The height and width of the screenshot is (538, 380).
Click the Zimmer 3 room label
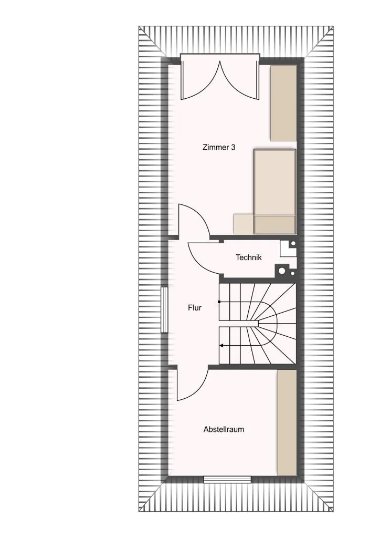point(219,148)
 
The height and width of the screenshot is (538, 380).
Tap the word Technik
point(249,257)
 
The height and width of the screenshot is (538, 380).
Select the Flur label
point(195,308)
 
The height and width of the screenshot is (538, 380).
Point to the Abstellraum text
point(224,429)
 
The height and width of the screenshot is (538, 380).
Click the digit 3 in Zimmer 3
point(234,148)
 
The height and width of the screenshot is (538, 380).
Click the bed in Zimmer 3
point(275,191)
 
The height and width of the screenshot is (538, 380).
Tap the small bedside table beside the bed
point(244,224)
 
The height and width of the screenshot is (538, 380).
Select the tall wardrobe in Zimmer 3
point(283,103)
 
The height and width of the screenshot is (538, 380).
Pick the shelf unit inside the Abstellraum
point(287,423)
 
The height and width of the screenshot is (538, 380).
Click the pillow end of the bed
point(275,225)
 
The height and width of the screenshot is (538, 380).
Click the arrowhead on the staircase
point(221,346)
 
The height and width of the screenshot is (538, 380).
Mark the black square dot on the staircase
point(219,302)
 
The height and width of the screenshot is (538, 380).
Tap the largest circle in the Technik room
point(282,271)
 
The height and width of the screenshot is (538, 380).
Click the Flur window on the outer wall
point(164,310)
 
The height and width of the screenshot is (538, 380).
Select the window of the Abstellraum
point(227,479)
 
